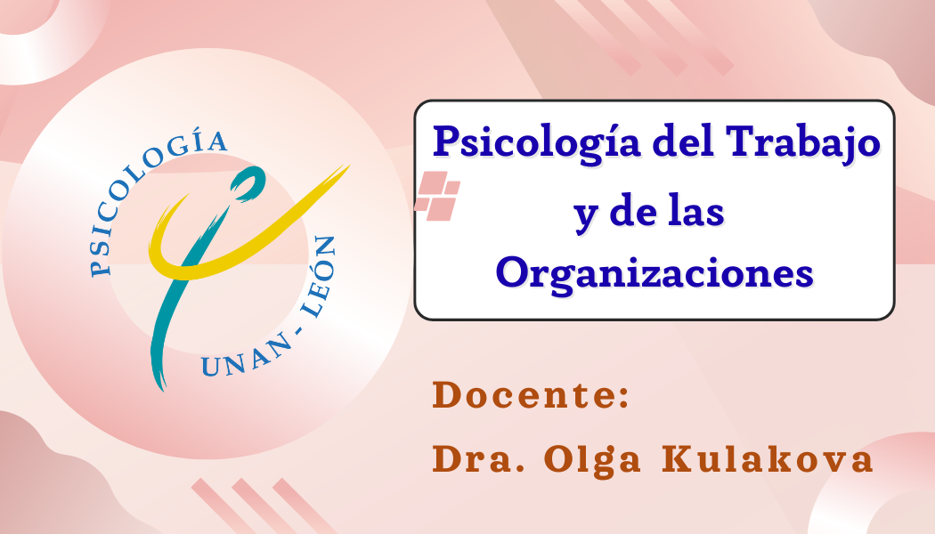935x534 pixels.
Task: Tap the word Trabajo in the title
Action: coord(803,143)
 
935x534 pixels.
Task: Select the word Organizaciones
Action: coord(654,275)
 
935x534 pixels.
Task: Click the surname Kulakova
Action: coord(768,459)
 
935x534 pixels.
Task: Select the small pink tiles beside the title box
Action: coord(438,196)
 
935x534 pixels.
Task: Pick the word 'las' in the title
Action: coord(695,212)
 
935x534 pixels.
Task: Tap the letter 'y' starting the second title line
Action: coord(586,217)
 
